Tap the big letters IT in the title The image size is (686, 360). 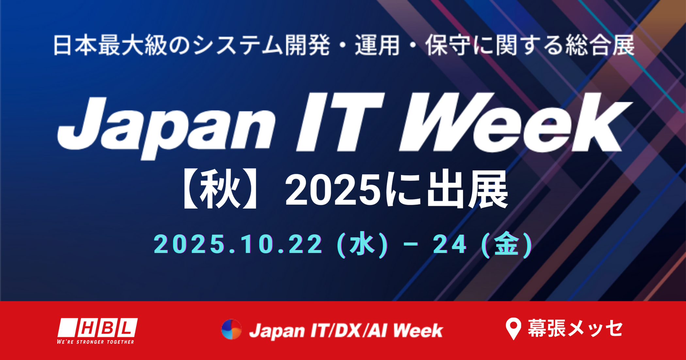pyautogui.click(x=340, y=123)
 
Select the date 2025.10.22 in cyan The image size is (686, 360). pyautogui.click(x=238, y=244)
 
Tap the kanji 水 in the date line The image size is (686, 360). pyautogui.click(x=362, y=244)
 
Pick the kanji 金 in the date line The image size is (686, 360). pyautogui.click(x=507, y=244)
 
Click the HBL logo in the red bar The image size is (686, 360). pyautogui.click(x=97, y=328)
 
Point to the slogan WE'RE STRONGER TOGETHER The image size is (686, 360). pyautogui.click(x=95, y=342)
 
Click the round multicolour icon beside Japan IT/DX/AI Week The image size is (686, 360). pyautogui.click(x=231, y=329)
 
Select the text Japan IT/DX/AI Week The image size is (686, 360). pyautogui.click(x=346, y=330)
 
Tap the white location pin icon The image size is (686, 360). pyautogui.click(x=513, y=328)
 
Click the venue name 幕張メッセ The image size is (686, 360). pyautogui.click(x=575, y=328)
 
